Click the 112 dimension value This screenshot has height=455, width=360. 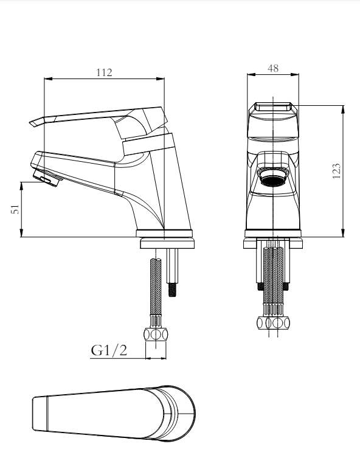pos(104,72)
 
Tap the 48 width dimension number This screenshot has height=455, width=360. pos(273,69)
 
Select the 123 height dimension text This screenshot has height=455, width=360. pos(336,171)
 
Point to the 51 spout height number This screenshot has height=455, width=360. pos(15,209)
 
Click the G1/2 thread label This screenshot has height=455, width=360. pos(109,350)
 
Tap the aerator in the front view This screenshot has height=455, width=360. pos(273,177)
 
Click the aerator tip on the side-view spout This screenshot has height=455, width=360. pos(47,178)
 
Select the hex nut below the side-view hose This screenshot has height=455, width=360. pos(156,335)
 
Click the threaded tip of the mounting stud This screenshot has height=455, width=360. pos(173,290)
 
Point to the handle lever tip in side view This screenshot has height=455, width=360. pos(32,123)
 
